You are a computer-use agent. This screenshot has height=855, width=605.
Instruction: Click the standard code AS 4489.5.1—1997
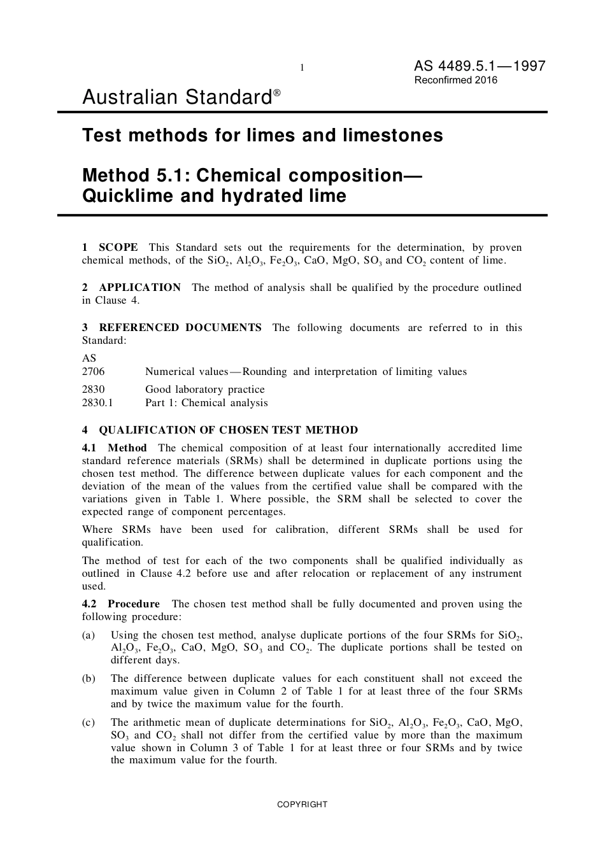[x=480, y=66]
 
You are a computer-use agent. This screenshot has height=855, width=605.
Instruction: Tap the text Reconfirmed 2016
[x=456, y=80]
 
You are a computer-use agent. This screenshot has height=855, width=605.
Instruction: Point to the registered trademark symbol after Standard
[x=277, y=93]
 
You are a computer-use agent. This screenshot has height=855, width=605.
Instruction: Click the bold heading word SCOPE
[x=118, y=247]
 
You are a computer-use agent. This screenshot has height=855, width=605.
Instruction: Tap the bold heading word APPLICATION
[x=140, y=287]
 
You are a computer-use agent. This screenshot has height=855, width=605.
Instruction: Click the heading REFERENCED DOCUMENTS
[x=180, y=327]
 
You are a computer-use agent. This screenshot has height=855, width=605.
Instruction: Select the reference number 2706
[x=93, y=371]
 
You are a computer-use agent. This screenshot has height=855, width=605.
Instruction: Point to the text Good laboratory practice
[x=204, y=389]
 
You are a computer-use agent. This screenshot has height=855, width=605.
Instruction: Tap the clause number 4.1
[x=89, y=448]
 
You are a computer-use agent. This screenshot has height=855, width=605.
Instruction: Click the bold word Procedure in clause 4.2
[x=134, y=604]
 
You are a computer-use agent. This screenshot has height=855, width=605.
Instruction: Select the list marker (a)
[x=89, y=635]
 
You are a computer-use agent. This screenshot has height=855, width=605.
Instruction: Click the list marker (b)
[x=89, y=679]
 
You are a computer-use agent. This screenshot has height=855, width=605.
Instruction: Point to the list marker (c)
[x=89, y=722]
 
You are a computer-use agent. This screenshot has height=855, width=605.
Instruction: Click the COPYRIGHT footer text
[x=302, y=804]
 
